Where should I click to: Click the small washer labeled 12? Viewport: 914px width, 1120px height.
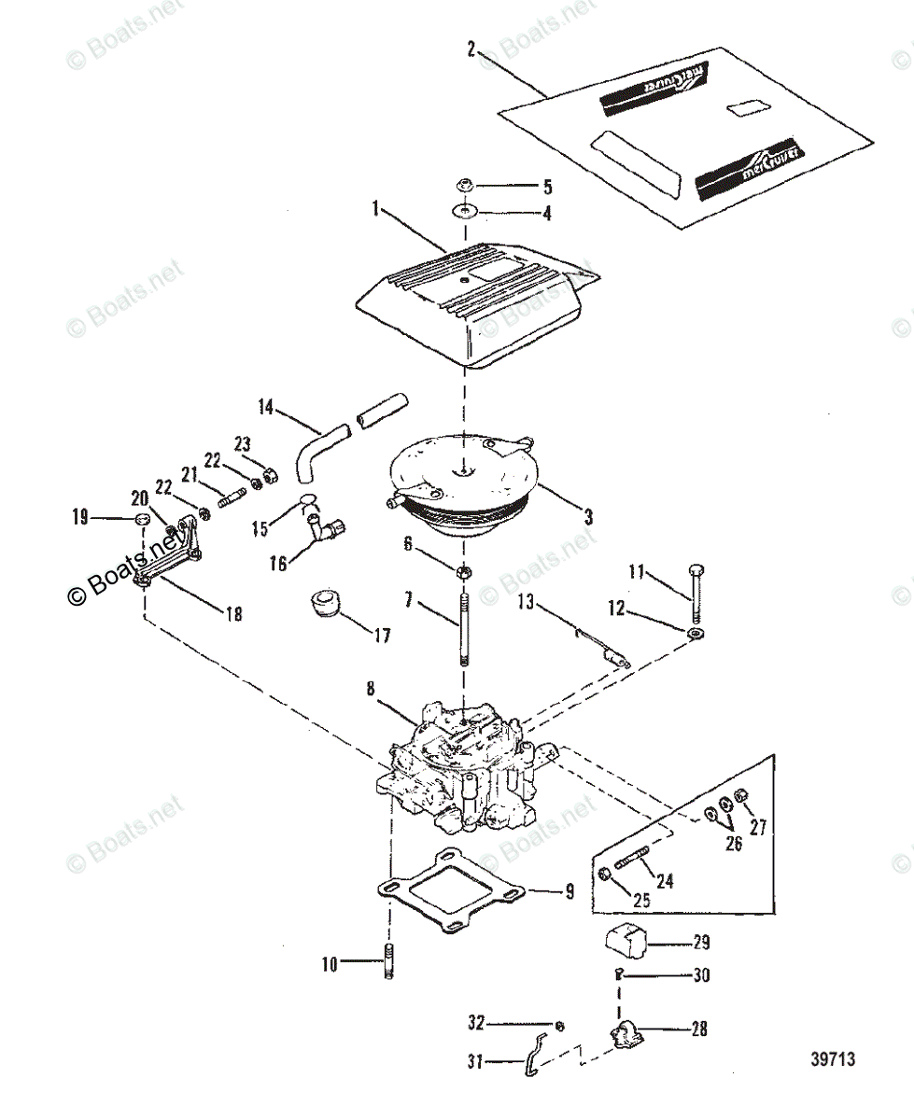pyautogui.click(x=696, y=636)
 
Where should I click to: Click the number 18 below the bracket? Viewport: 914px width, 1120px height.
pyautogui.click(x=233, y=614)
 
